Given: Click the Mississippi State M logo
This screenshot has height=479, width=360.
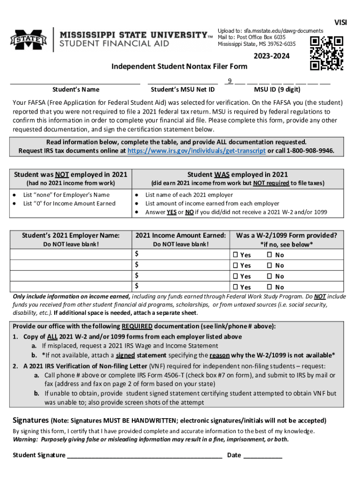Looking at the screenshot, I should (29, 40).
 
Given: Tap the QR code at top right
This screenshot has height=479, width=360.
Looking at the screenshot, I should (327, 53).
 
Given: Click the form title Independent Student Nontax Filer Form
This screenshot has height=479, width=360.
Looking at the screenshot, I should (179, 66).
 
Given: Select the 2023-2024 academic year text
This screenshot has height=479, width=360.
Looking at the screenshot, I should (272, 56).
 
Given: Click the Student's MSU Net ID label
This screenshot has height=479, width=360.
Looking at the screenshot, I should (183, 89).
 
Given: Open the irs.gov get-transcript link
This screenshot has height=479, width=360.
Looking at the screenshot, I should (197, 151).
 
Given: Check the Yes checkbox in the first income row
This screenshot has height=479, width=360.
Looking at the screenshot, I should (235, 255).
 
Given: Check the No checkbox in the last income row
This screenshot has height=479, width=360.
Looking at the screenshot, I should (269, 287).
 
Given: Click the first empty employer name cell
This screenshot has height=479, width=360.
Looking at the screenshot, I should (71, 254).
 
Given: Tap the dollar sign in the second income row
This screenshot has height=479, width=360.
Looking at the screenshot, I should (137, 265).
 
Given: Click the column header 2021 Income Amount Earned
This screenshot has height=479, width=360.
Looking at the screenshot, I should (181, 235).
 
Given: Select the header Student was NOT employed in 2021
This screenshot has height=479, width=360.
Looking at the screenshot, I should (71, 174).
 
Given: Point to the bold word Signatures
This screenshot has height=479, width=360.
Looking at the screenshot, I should (30, 420).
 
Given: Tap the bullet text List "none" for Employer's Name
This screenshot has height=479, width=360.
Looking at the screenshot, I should (66, 195).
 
